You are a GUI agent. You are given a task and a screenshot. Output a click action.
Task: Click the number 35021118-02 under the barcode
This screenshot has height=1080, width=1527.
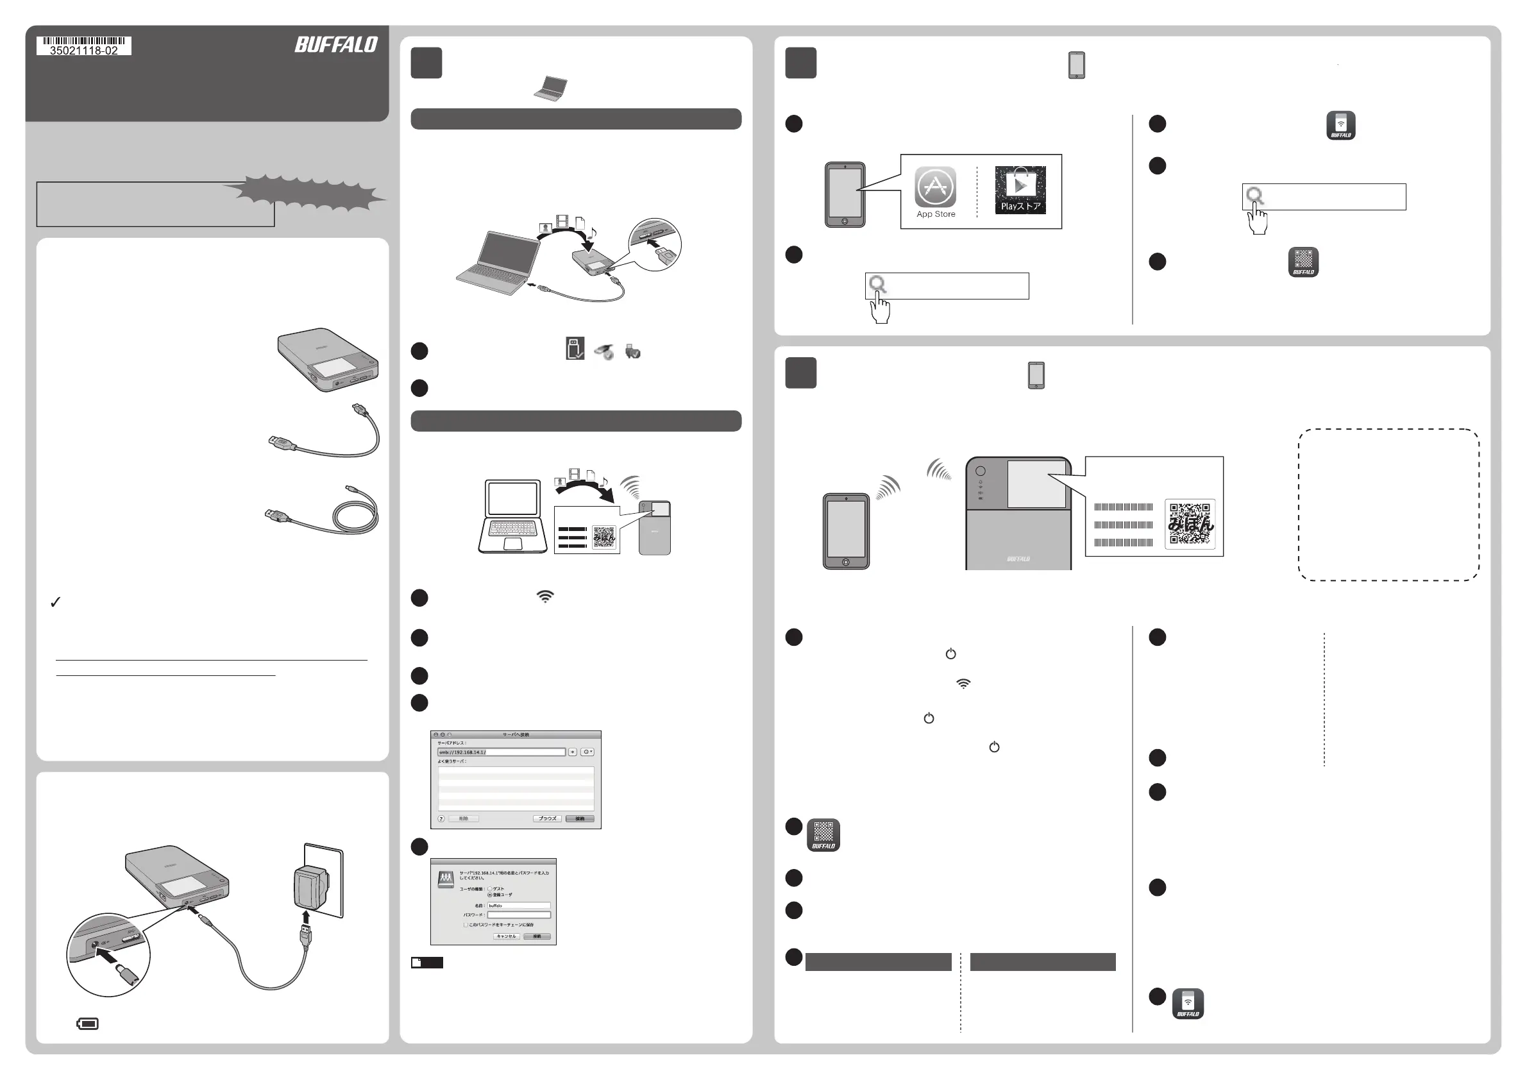[x=84, y=51]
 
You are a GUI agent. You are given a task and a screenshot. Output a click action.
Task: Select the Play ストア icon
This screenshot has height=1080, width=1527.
[x=1020, y=190]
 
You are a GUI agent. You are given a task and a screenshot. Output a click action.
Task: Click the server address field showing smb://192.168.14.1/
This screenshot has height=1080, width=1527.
[x=501, y=752]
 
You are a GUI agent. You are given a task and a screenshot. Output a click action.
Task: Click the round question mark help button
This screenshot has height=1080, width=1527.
[x=441, y=818]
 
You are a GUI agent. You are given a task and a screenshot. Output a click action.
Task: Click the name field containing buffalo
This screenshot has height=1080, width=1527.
[x=519, y=906]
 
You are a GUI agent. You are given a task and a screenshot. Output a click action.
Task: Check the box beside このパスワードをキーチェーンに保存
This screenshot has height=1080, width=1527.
[x=466, y=925]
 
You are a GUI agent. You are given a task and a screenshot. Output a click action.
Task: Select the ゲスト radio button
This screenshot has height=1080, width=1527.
[x=490, y=888]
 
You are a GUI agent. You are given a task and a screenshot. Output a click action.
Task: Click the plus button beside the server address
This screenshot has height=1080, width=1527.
[x=573, y=752]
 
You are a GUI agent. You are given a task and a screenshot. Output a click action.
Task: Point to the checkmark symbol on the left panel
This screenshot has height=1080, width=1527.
[x=56, y=602]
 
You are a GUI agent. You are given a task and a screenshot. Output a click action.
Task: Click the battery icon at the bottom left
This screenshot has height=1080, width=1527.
[x=88, y=1024]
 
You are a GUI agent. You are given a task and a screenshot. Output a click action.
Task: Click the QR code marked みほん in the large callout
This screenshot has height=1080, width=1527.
[x=1190, y=524]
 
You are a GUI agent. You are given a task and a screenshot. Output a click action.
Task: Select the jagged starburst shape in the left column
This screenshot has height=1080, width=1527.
[x=306, y=192]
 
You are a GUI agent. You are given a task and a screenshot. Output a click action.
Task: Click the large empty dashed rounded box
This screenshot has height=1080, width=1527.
[x=1388, y=505]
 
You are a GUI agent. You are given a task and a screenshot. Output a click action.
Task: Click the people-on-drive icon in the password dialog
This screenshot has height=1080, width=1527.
[x=446, y=880]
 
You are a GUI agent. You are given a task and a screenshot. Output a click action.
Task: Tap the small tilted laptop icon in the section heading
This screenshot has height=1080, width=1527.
[x=552, y=89]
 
